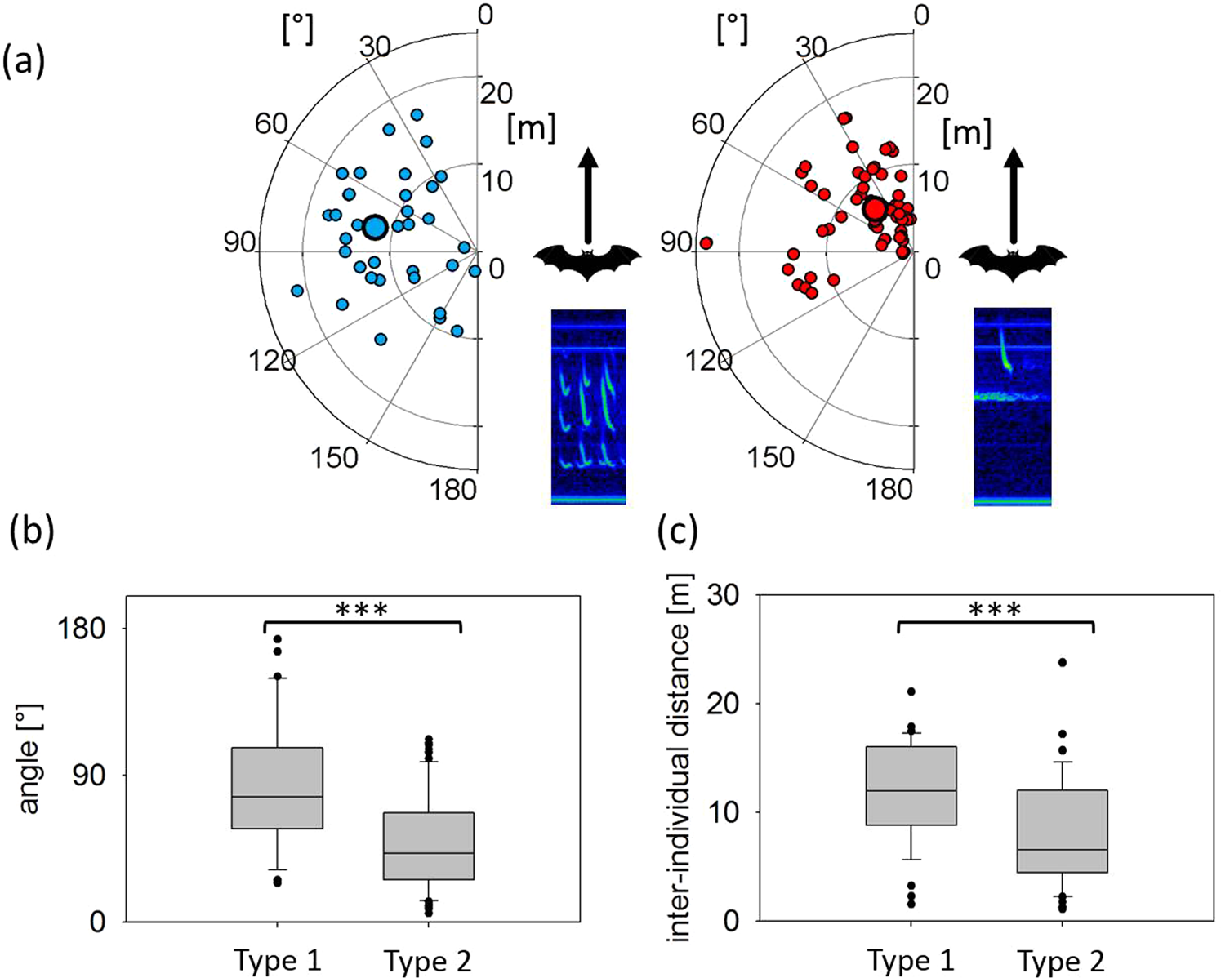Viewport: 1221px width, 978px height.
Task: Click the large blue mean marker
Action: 375,227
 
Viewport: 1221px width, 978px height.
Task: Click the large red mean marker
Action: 875,210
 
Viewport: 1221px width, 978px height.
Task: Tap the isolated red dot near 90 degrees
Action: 706,242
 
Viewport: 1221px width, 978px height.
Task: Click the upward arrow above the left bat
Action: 588,196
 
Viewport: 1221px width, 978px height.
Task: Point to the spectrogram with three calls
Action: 588,407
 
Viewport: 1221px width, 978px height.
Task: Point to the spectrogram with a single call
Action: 1012,407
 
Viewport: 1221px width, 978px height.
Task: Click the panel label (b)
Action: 32,531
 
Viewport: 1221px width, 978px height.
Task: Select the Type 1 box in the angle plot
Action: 277,788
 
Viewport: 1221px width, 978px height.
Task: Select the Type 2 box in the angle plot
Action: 428,846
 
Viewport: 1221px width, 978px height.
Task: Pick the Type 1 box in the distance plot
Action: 911,785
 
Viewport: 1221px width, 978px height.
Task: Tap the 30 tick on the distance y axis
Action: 722,594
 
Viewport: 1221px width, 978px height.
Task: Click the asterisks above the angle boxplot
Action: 362,610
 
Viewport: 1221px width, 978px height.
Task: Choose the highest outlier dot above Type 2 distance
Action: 1062,662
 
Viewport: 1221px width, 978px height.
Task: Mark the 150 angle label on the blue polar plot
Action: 334,458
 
